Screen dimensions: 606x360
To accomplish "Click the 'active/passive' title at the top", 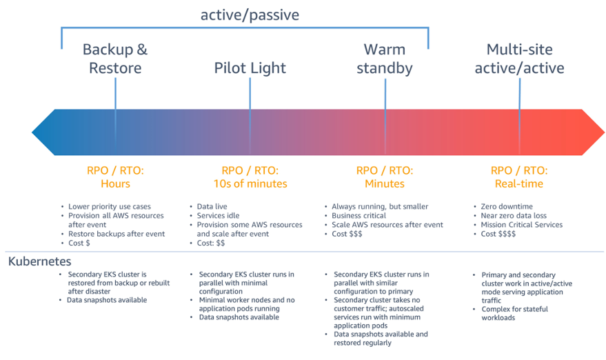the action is coord(250,15).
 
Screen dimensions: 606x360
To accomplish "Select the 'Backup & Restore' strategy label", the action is coord(115,59).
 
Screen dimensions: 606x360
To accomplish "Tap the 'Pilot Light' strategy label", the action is coord(250,68).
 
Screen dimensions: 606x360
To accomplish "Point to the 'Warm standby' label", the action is coord(385,59).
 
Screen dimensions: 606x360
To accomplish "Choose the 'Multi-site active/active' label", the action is coord(519,59).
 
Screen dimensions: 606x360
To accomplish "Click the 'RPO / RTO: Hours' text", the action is coord(115,177).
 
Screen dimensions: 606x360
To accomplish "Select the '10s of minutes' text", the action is coord(250,183).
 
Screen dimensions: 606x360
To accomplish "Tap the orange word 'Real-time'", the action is coord(519,183).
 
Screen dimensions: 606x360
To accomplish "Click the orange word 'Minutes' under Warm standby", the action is coord(385,183).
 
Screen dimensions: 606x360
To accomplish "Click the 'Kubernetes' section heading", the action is coord(40,261).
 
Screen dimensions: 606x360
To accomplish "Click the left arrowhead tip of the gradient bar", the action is coord(32,132).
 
